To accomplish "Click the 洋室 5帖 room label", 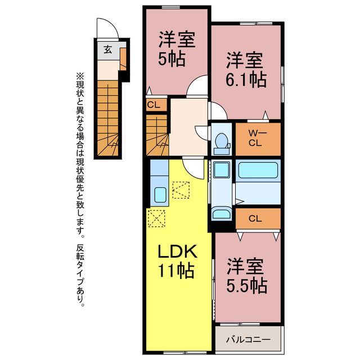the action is (x=177, y=49).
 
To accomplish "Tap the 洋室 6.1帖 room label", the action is (x=246, y=70).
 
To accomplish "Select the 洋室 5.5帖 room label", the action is (x=246, y=276).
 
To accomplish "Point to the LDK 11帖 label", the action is (x=177, y=261).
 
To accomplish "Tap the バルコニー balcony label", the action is (x=248, y=340).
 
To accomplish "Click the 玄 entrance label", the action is (x=107, y=49).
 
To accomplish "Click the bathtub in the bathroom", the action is (x=258, y=170).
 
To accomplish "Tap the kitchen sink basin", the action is (x=160, y=195).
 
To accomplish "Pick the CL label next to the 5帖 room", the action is (x=154, y=105).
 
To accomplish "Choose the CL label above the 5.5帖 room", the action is (x=255, y=218).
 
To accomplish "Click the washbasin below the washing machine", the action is (x=221, y=213).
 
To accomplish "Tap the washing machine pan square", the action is (x=222, y=170).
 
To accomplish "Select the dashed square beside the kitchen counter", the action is (x=181, y=190).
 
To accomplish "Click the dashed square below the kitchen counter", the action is (x=156, y=218).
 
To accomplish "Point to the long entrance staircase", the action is (x=107, y=118).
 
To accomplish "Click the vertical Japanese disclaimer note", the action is (x=80, y=190).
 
